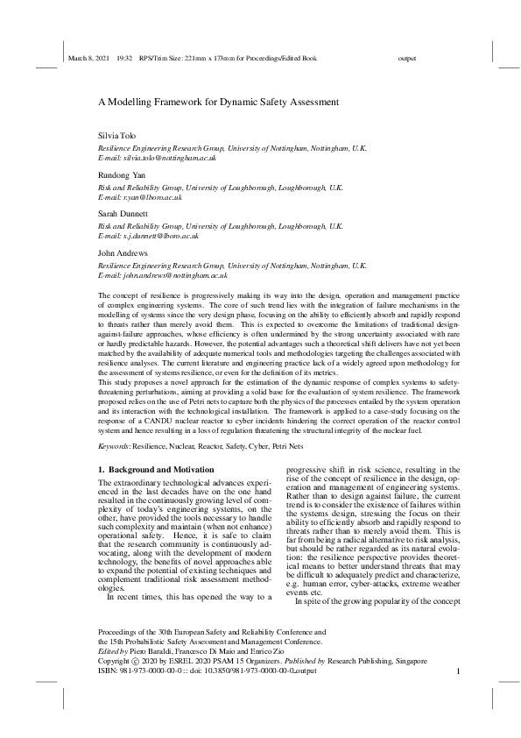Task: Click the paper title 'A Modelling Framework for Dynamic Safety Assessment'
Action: [218, 102]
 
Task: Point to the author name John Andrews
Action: [120, 252]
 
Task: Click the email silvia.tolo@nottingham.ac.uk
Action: [165, 159]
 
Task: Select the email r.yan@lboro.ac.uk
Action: [151, 197]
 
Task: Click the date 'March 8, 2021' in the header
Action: [86, 59]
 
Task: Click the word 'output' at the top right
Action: [406, 59]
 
